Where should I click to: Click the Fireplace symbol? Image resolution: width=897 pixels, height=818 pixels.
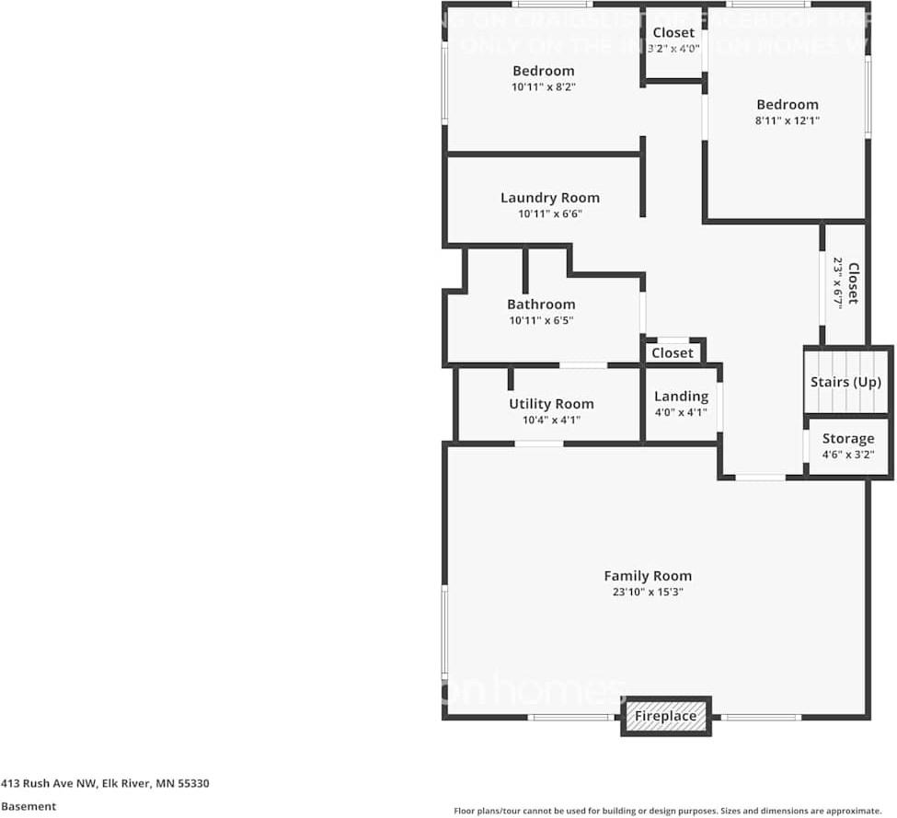[x=667, y=716]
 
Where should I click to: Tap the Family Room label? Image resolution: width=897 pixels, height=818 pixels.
[x=648, y=576]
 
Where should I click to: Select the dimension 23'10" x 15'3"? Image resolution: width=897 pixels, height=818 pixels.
[x=648, y=593]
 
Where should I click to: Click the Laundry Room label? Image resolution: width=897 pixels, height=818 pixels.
[x=549, y=198]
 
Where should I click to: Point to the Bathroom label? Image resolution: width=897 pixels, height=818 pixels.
[x=541, y=305]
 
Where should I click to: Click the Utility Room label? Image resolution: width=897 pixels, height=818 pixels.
[x=551, y=404]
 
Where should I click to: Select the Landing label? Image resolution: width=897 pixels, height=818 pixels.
[x=681, y=397]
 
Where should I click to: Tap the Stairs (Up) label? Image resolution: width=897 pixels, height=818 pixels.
[x=845, y=382]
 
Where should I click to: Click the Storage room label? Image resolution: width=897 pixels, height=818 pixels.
[x=847, y=439]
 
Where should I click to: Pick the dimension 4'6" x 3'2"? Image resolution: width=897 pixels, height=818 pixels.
[x=847, y=455]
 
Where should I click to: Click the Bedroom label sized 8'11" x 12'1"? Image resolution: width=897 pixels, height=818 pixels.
[x=787, y=105]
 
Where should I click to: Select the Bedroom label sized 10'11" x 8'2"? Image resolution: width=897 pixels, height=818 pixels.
[x=543, y=71]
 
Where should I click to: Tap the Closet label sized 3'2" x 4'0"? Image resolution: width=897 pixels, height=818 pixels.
[x=673, y=33]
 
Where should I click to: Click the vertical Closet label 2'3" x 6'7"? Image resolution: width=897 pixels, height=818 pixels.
[x=852, y=283]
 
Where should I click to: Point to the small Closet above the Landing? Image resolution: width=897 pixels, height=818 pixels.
[x=673, y=353]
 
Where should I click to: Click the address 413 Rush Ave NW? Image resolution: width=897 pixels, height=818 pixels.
[x=105, y=784]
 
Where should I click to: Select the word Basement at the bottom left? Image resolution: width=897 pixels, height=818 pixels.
[x=29, y=806]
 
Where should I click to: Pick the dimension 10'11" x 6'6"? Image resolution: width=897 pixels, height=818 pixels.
[x=549, y=214]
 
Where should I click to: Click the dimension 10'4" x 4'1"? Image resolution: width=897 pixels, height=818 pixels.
[x=551, y=421]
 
